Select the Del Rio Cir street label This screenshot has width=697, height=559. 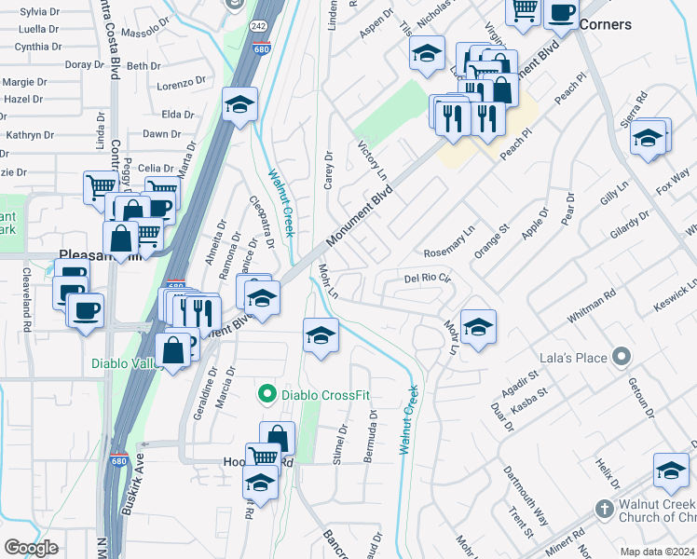427,278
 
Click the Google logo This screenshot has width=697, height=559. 31,548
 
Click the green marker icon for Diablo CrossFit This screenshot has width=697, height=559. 268,395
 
